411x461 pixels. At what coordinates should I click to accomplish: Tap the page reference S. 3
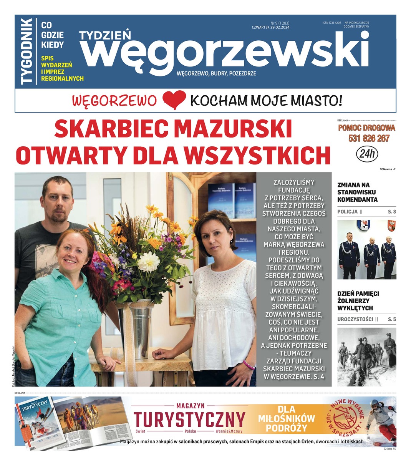click(x=391, y=212)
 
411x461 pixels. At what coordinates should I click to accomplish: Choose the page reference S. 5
click(x=391, y=319)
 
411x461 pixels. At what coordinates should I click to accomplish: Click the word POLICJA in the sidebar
click(x=347, y=212)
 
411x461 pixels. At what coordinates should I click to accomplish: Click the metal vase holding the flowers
click(x=140, y=327)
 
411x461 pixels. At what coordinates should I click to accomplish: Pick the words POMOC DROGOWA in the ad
click(x=366, y=128)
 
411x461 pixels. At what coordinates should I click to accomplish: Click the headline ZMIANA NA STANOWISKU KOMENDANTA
click(x=357, y=192)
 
